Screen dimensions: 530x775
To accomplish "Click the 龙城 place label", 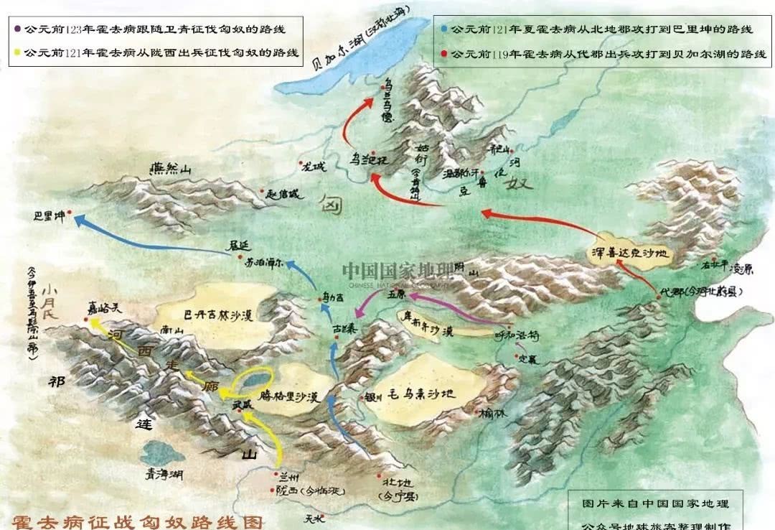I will coord(313,167).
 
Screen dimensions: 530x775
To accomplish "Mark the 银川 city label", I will coord(373,396).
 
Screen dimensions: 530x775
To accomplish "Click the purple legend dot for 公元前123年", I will coord(17,29).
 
